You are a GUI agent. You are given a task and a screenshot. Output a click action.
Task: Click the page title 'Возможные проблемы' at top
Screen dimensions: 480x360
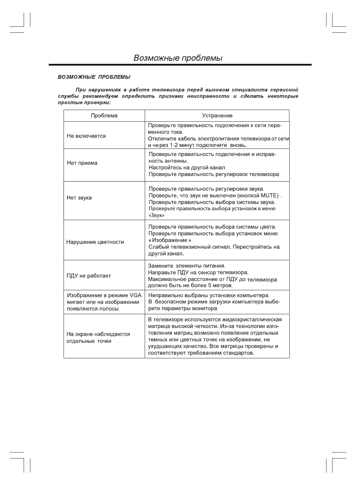pyautogui.click(x=178, y=58)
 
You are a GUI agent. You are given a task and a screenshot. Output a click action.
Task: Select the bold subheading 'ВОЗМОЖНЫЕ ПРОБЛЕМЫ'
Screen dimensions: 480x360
pyautogui.click(x=94, y=77)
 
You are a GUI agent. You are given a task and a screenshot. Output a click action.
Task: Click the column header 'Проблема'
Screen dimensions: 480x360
pyautogui.click(x=104, y=116)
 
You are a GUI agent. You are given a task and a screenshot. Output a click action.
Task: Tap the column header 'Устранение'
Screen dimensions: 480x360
pyautogui.click(x=217, y=116)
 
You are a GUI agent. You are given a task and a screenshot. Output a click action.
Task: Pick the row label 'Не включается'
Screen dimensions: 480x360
pyautogui.click(x=86, y=136)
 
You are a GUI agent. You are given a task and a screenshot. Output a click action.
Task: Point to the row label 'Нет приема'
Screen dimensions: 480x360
pyautogui.click(x=82, y=163)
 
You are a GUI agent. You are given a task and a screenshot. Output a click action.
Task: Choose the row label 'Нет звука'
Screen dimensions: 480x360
pyautogui.click(x=79, y=198)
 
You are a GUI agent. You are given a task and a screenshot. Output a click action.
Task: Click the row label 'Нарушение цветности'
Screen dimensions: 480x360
pyautogui.click(x=95, y=242)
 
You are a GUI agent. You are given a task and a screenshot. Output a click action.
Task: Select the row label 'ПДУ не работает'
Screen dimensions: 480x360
pyautogui.click(x=89, y=276)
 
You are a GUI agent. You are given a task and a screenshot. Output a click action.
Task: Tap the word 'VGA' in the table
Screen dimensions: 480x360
pyautogui.click(x=136, y=295)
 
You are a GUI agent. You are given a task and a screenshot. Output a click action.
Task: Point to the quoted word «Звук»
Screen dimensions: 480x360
pyautogui.click(x=156, y=215)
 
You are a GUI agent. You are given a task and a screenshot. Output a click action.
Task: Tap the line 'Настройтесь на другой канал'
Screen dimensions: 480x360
pyautogui.click(x=187, y=168)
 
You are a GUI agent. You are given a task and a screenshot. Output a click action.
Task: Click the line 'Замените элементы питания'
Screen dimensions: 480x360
pyautogui.click(x=186, y=266)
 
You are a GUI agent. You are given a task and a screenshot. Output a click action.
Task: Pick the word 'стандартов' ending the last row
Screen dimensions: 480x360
pyautogui.click(x=238, y=353)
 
